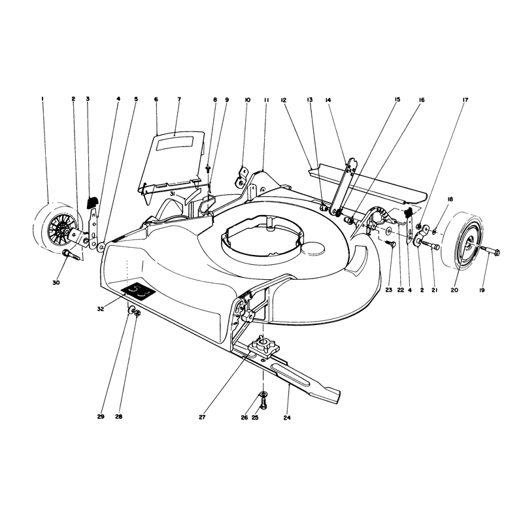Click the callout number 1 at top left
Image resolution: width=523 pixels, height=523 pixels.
coord(42,99)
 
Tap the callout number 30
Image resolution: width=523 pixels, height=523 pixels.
coord(56,283)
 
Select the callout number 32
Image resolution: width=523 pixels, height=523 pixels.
coord(101,309)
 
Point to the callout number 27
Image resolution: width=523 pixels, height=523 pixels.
coord(202,417)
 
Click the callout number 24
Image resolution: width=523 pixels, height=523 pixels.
coord(287,417)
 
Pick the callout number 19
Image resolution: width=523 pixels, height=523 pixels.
coord(482,290)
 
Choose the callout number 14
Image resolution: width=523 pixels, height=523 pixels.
coord(328,100)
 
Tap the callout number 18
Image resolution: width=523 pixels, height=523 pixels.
coord(450,199)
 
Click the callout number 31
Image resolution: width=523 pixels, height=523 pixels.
coord(172,194)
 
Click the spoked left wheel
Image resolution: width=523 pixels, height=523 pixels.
coord(57,227)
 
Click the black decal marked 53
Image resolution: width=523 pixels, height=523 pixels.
coord(138,292)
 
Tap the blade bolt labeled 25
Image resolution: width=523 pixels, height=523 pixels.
coord(263,405)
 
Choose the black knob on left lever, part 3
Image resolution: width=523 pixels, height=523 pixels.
coord(92,203)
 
